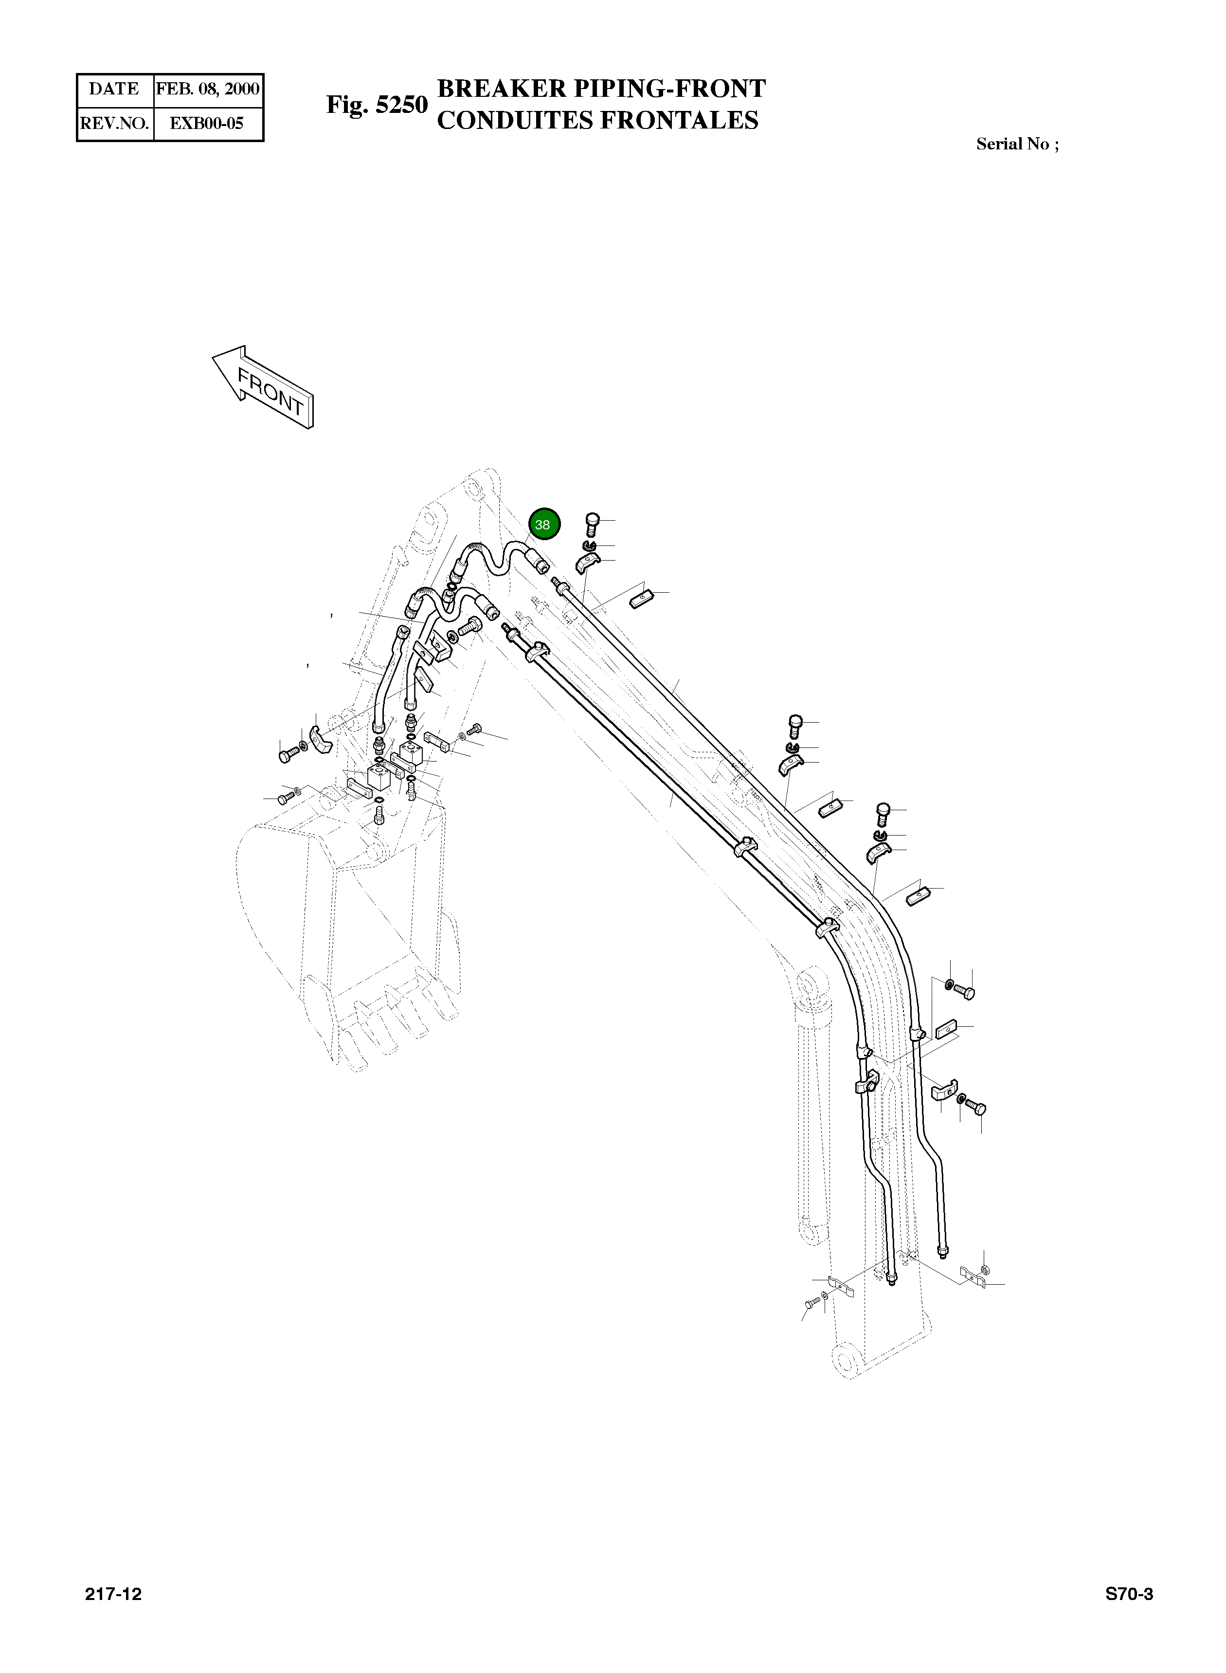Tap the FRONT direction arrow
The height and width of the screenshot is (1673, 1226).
pyautogui.click(x=264, y=387)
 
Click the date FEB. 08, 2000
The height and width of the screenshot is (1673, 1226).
pyautogui.click(x=208, y=89)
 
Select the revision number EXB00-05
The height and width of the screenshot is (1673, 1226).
pyautogui.click(x=207, y=123)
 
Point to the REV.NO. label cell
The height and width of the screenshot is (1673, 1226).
pyautogui.click(x=114, y=123)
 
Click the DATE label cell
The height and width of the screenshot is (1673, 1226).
pyautogui.click(x=114, y=89)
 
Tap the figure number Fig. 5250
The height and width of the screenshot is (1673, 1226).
pyautogui.click(x=377, y=105)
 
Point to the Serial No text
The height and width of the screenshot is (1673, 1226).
pyautogui.click(x=1017, y=144)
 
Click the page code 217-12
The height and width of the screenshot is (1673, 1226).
pyautogui.click(x=113, y=1594)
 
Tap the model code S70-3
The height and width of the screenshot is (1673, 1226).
pyautogui.click(x=1129, y=1594)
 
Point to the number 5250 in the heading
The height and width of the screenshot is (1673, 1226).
pyautogui.click(x=401, y=105)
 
